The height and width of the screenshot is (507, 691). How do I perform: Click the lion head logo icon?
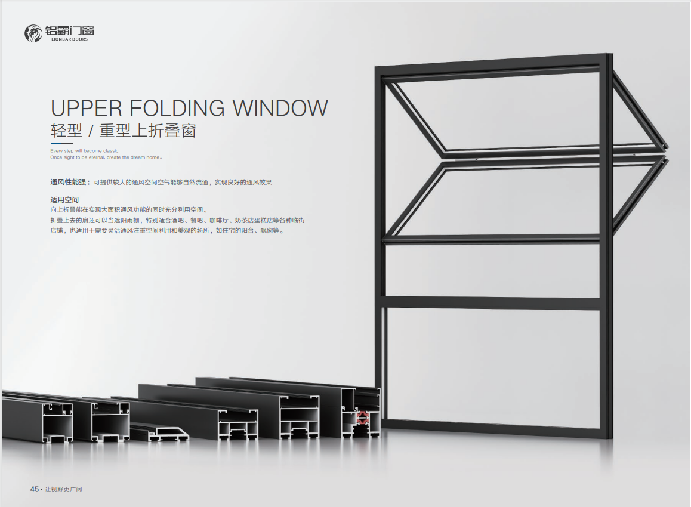(x=33, y=33)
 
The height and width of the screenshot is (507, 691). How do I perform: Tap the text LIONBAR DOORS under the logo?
(x=70, y=39)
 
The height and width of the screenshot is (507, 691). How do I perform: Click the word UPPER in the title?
(x=87, y=109)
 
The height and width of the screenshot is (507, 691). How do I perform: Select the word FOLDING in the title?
(x=178, y=109)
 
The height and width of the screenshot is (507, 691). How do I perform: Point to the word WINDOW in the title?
(x=280, y=109)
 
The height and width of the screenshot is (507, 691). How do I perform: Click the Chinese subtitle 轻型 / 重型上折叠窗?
(x=124, y=131)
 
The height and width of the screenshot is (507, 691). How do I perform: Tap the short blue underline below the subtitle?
(x=61, y=144)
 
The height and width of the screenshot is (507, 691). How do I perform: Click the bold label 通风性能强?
(x=68, y=182)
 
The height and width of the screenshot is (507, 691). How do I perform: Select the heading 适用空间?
(x=64, y=200)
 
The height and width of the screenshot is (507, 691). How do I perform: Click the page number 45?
(x=35, y=489)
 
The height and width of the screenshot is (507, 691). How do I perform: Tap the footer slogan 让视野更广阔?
(x=63, y=489)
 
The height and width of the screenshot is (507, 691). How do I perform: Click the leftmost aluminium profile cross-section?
(x=57, y=421)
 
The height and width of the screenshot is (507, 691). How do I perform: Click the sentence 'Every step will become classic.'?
(x=85, y=151)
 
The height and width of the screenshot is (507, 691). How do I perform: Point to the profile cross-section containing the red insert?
(x=360, y=414)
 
